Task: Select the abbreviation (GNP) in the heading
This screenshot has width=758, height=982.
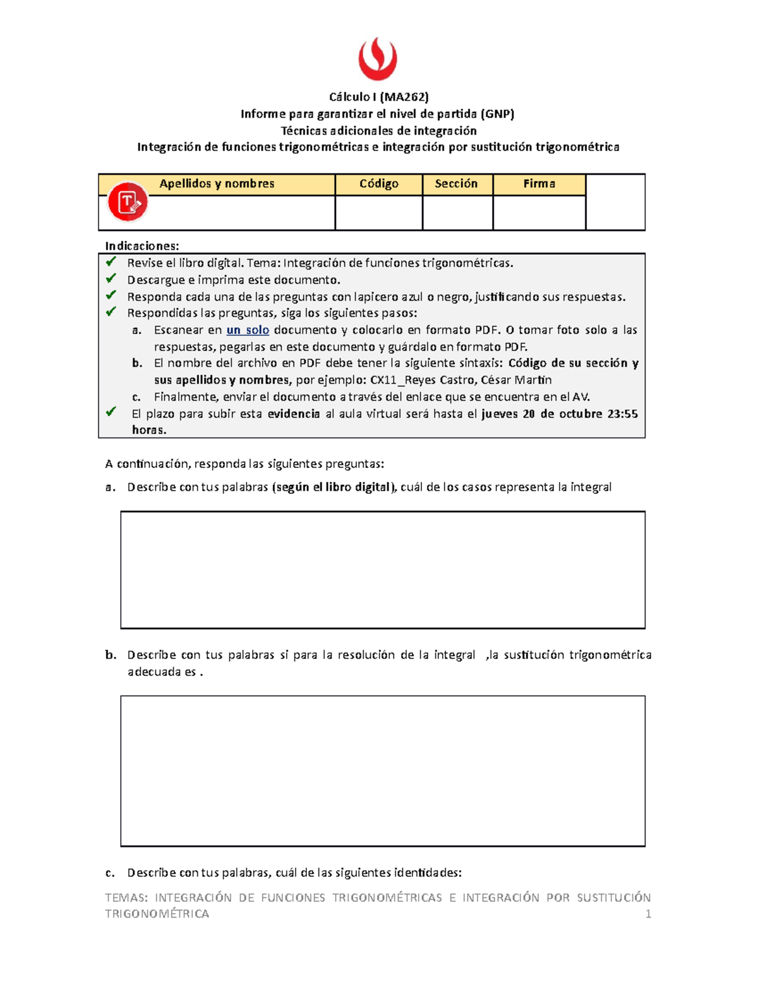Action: pyautogui.click(x=497, y=114)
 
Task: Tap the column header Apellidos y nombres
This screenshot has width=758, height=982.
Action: pyautogui.click(x=217, y=184)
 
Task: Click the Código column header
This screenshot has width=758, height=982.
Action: pyautogui.click(x=379, y=184)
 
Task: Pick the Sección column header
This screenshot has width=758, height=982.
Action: pyautogui.click(x=456, y=184)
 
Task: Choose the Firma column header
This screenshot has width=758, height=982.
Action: pyautogui.click(x=539, y=184)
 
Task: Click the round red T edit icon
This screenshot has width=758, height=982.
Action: pyautogui.click(x=128, y=202)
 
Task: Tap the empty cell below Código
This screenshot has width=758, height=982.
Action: pyautogui.click(x=379, y=212)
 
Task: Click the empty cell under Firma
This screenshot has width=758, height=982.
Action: pyautogui.click(x=539, y=212)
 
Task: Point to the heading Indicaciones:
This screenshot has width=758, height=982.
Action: pyautogui.click(x=142, y=246)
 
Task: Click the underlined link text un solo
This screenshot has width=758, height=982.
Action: pyautogui.click(x=248, y=330)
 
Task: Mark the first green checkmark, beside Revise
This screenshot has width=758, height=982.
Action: pyautogui.click(x=111, y=262)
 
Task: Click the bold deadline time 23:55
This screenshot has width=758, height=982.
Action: pyautogui.click(x=622, y=414)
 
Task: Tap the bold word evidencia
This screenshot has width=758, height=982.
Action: pyautogui.click(x=294, y=414)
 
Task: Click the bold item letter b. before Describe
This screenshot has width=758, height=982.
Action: pyautogui.click(x=111, y=655)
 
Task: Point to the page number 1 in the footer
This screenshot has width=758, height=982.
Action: pyautogui.click(x=647, y=914)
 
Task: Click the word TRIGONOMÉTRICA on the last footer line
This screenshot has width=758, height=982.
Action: pyautogui.click(x=157, y=914)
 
